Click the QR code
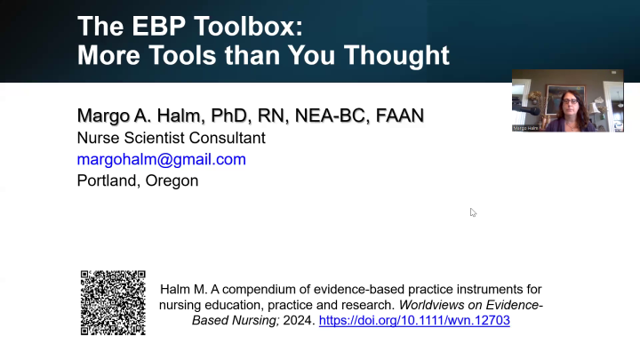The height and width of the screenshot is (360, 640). point(113,302)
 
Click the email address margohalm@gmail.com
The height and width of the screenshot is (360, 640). point(161,159)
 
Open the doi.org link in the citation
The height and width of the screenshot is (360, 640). point(414,320)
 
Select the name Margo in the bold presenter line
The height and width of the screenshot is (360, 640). point(106,116)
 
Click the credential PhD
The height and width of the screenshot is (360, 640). point(229,116)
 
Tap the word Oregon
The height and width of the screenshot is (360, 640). point(171,180)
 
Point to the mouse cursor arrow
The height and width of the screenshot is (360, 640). point(473,212)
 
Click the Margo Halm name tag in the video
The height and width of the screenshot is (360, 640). point(526,128)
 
